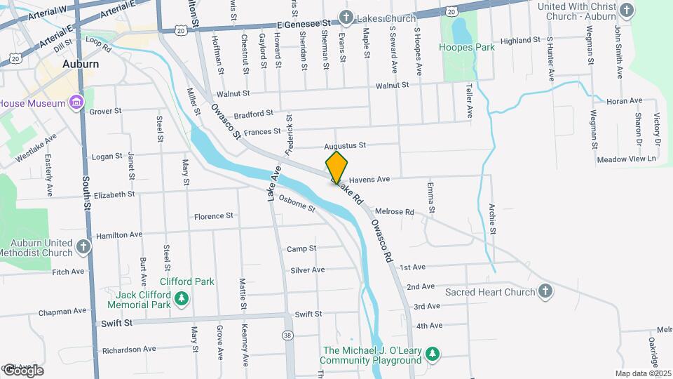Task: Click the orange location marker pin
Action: click(336, 166)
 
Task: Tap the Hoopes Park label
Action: click(466, 47)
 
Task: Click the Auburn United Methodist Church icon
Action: click(83, 246)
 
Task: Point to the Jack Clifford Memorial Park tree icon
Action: click(182, 300)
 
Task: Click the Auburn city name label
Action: click(81, 63)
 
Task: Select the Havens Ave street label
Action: click(369, 179)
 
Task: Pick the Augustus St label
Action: click(345, 146)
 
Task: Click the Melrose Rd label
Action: click(395, 211)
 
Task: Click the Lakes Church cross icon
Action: click(346, 17)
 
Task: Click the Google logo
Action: click(22, 370)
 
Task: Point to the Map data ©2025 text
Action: click(643, 373)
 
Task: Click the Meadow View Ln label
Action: click(626, 159)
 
